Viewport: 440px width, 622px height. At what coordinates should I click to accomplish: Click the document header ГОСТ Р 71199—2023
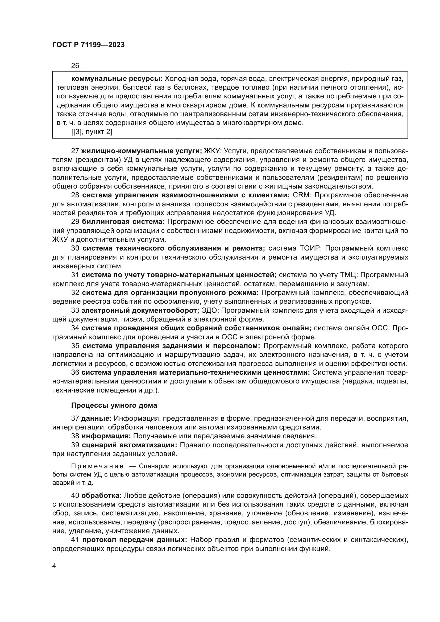89,45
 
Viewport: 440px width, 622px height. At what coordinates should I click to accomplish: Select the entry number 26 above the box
75,66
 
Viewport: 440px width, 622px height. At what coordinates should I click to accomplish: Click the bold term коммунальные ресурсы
117,79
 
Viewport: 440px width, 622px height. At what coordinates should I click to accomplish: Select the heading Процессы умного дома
114,406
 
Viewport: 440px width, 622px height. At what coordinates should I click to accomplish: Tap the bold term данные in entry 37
97,418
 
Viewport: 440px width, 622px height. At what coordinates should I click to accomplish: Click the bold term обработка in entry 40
102,496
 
